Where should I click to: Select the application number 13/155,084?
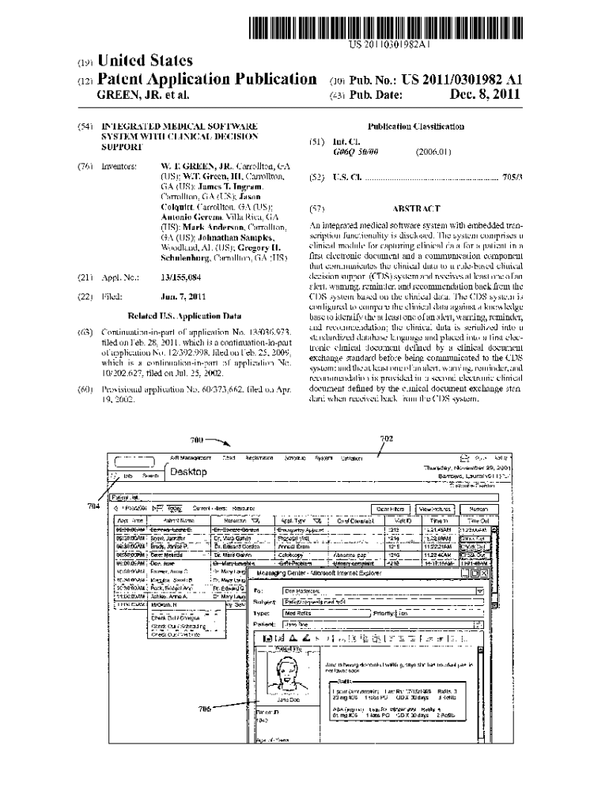pos(180,277)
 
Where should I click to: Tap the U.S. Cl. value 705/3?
pos(513,177)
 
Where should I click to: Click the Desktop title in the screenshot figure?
pos(189,472)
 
